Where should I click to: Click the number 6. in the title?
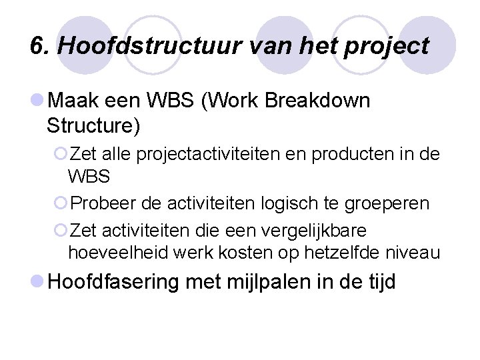(x=40, y=46)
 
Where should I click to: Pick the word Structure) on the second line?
(x=93, y=125)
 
